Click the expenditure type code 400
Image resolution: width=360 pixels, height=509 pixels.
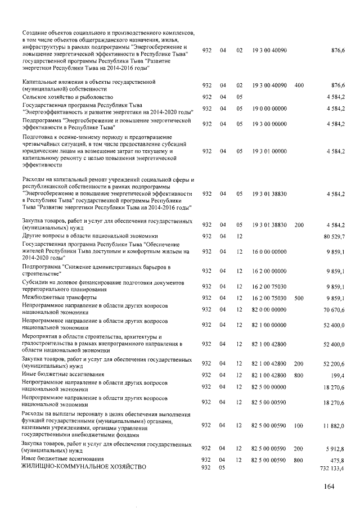pos(299,85)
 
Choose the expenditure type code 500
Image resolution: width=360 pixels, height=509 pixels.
pos(299,298)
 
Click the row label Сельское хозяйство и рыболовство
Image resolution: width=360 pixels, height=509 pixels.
pos(67,97)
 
